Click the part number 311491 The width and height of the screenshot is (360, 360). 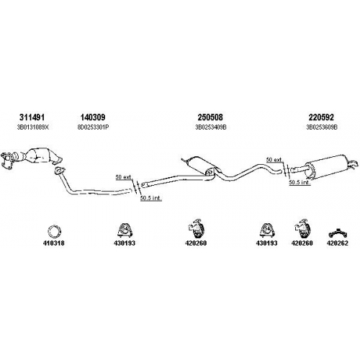[x=32, y=117]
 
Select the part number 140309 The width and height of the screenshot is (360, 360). [x=93, y=117]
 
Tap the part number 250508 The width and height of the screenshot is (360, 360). [x=210, y=117]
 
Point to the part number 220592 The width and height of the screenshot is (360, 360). [x=321, y=117]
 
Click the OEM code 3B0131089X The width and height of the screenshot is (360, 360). [x=33, y=127]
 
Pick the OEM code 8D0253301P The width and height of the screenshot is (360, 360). [x=93, y=127]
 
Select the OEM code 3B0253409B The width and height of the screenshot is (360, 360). [x=211, y=127]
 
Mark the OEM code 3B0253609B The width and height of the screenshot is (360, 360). [x=322, y=127]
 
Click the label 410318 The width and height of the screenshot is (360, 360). [x=54, y=243]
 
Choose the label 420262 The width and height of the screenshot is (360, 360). [x=337, y=243]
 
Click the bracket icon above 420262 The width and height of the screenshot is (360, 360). [x=338, y=233]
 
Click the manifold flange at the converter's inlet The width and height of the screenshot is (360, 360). [x=6, y=161]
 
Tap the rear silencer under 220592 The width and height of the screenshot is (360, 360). [x=325, y=167]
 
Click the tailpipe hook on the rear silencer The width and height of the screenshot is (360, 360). [x=353, y=164]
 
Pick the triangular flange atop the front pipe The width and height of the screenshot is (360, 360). [x=59, y=170]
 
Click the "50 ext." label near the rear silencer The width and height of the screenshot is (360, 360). [x=274, y=160]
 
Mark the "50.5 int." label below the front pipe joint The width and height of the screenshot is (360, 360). [x=151, y=198]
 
